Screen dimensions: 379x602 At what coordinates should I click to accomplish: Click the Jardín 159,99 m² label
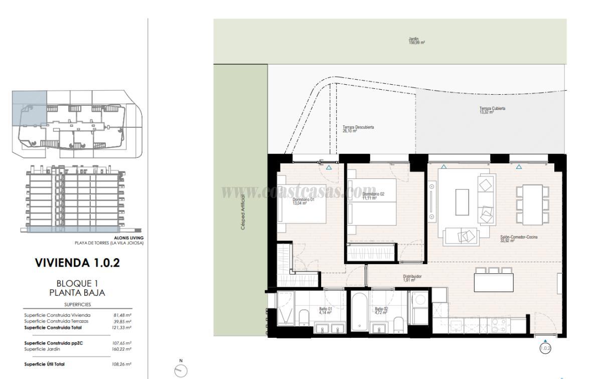(x=416, y=41)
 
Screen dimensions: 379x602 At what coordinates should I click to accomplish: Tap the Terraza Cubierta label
(x=492, y=110)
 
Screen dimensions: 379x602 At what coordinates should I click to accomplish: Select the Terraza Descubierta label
(x=358, y=129)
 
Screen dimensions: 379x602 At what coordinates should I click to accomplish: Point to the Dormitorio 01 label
(x=303, y=201)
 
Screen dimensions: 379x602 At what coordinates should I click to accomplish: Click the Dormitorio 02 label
(x=373, y=196)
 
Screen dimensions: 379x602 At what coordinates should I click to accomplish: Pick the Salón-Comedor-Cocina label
(x=518, y=239)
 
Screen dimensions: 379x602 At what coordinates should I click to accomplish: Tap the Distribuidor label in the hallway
(x=412, y=278)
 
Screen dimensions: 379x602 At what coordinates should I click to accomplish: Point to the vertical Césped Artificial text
(x=243, y=212)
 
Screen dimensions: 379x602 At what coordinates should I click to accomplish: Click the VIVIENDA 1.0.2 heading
(x=77, y=262)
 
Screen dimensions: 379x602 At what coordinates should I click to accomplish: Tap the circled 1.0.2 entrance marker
(x=545, y=347)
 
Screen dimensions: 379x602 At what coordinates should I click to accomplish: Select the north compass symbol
(x=181, y=370)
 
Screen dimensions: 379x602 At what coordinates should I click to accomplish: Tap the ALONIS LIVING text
(x=129, y=238)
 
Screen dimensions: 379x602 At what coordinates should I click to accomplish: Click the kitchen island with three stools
(x=494, y=282)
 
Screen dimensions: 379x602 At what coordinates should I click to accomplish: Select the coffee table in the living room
(x=462, y=202)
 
